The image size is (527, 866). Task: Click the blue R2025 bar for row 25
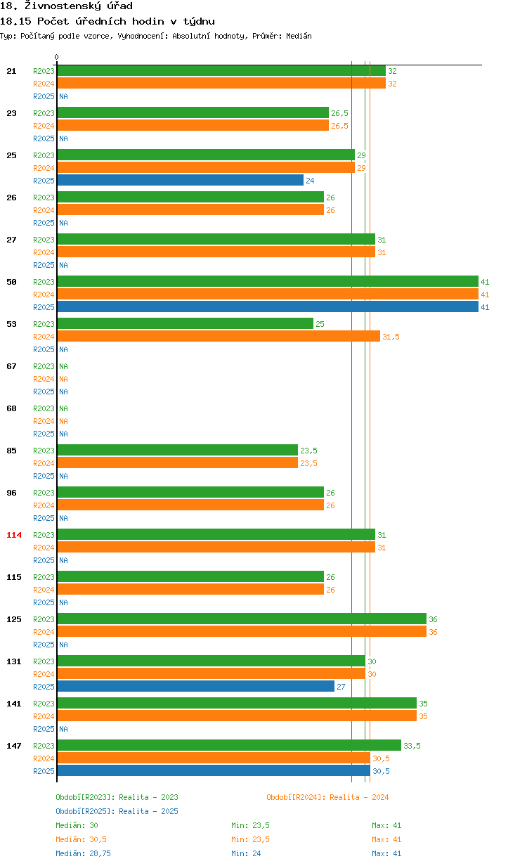click(x=180, y=181)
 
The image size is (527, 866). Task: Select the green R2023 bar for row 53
click(x=186, y=323)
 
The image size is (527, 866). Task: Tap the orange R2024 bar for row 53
click(x=219, y=336)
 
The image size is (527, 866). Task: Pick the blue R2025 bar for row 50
click(x=268, y=306)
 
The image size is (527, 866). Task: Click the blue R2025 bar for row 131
click(x=195, y=686)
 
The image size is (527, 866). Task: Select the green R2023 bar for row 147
click(x=229, y=745)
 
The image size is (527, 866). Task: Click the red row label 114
click(x=14, y=535)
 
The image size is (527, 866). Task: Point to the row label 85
click(x=11, y=451)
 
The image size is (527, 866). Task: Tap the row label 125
click(x=14, y=619)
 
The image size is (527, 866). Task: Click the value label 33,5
click(x=412, y=746)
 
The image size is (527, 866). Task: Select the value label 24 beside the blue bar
click(x=310, y=181)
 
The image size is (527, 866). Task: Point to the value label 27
click(x=341, y=687)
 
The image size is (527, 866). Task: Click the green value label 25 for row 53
click(x=320, y=324)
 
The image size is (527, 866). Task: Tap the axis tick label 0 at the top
click(x=57, y=57)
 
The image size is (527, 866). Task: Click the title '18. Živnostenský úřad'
click(x=66, y=6)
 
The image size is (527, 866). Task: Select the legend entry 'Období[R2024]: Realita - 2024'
click(x=327, y=797)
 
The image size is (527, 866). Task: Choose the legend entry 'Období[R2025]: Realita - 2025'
click(x=117, y=811)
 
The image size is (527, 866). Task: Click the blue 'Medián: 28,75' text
click(x=81, y=853)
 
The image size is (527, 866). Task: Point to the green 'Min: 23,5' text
click(x=250, y=825)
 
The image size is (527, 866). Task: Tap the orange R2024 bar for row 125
click(x=242, y=631)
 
